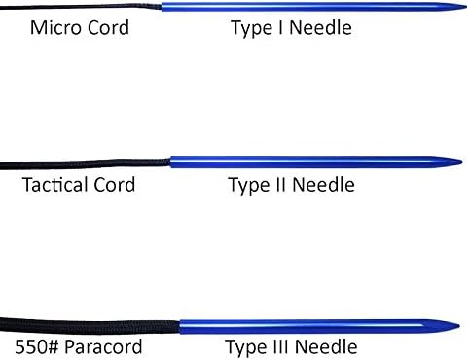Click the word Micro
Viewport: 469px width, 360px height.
(56, 27)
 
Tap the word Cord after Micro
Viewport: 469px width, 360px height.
(108, 27)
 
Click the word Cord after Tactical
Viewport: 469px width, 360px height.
(115, 185)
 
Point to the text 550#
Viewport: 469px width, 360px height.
(37, 346)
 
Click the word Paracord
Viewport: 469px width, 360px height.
(103, 346)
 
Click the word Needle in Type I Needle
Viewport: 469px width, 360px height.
(320, 28)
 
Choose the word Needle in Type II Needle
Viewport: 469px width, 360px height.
(323, 185)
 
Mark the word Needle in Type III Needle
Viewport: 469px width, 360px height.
(326, 347)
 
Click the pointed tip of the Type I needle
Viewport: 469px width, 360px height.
(466, 7)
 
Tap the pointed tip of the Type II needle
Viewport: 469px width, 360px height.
(462, 162)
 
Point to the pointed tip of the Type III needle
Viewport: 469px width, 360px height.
(459, 326)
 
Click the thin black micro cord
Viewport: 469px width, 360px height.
(81, 6)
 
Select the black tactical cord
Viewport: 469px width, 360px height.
(85, 164)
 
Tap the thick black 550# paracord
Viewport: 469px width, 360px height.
(90, 326)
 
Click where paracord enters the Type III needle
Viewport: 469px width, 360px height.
(180, 327)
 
